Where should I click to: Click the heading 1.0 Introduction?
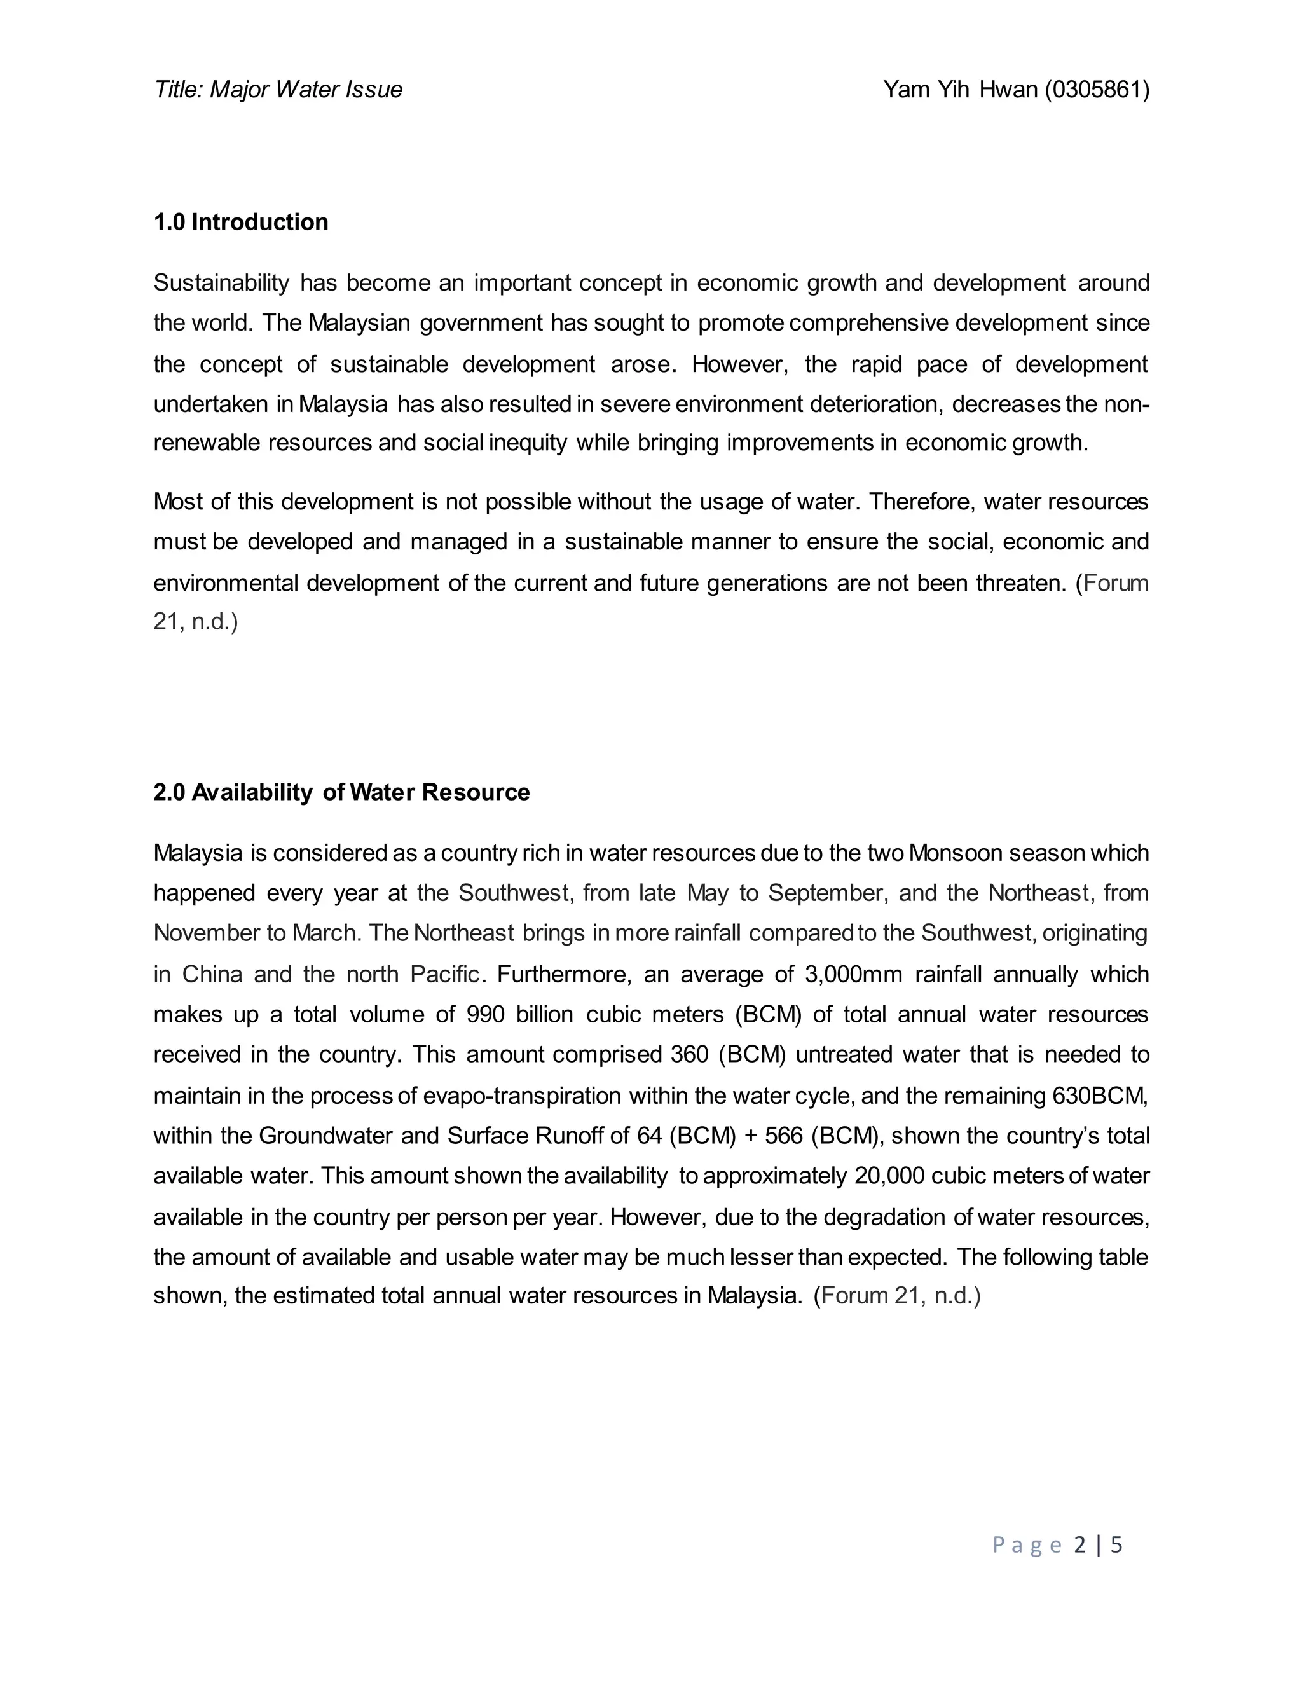[241, 222]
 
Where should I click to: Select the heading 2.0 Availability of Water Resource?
[341, 792]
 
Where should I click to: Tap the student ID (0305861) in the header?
[1097, 90]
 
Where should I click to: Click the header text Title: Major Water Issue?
[278, 90]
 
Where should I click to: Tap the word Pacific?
[448, 974]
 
